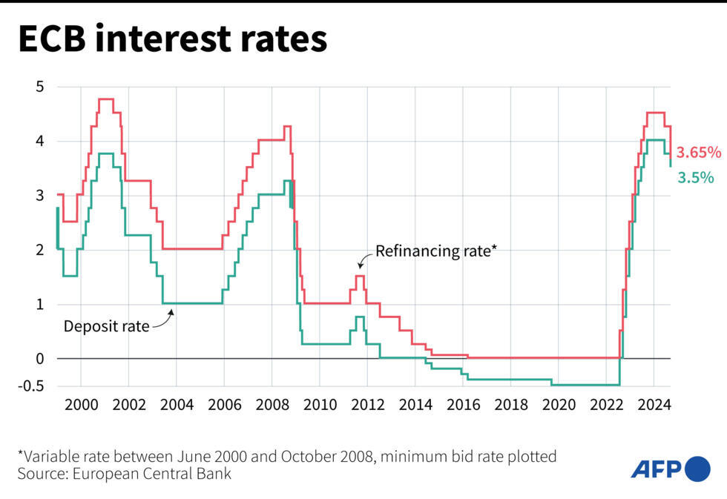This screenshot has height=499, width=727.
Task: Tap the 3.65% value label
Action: [699, 153]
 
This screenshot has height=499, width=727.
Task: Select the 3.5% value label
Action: [696, 177]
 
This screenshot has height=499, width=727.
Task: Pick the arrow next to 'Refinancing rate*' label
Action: [364, 259]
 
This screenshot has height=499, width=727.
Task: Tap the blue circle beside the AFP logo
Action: [697, 469]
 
